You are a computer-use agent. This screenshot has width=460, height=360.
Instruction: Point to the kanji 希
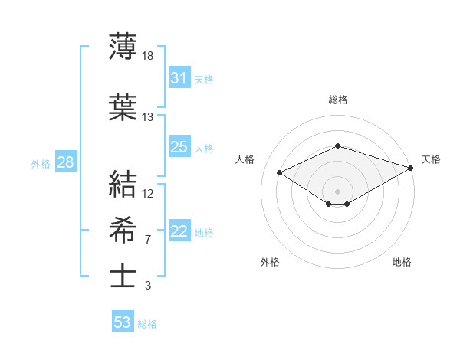click(x=123, y=231)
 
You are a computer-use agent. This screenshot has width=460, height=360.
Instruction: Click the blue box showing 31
click(x=179, y=78)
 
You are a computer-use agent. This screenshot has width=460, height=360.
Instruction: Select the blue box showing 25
click(x=179, y=147)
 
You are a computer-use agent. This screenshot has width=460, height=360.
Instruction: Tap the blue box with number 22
click(x=179, y=231)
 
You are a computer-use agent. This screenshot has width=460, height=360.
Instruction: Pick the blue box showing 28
click(x=64, y=162)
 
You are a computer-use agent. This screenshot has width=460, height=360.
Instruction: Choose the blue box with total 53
click(x=123, y=322)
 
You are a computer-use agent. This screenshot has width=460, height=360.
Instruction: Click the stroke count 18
click(x=148, y=55)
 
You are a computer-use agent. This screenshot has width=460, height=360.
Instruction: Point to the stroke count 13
click(x=148, y=116)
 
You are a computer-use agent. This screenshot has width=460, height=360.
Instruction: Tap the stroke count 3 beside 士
click(x=147, y=286)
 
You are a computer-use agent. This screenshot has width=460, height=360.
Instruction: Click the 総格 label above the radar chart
click(x=337, y=100)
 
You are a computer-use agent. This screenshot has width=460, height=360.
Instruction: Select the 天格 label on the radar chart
click(x=431, y=159)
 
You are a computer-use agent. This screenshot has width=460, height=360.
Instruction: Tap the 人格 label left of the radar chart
click(x=245, y=159)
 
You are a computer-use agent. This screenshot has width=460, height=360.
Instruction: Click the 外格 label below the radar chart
click(x=270, y=263)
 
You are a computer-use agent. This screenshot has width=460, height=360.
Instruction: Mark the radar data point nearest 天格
click(x=411, y=167)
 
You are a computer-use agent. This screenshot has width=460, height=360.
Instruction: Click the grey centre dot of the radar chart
click(x=337, y=190)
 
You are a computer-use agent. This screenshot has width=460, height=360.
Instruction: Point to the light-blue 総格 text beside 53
click(x=147, y=324)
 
